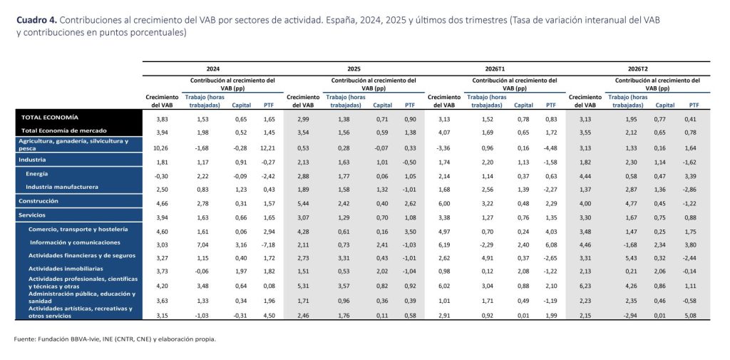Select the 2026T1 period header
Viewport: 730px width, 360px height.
coord(495,68)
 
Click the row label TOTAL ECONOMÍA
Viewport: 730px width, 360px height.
coord(50,118)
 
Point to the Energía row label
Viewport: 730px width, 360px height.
coord(37,174)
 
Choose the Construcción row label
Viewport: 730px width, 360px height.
coord(38,201)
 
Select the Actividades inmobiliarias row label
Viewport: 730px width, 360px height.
coord(66,269)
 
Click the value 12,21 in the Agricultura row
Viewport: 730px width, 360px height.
coord(269,148)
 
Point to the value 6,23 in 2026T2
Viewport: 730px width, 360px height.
coord(585,287)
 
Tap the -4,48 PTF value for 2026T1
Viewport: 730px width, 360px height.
coord(550,148)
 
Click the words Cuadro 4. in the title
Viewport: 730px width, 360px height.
coord(37,20)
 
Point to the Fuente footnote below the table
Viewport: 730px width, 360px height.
coord(115,339)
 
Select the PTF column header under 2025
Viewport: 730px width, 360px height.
coord(410,106)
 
